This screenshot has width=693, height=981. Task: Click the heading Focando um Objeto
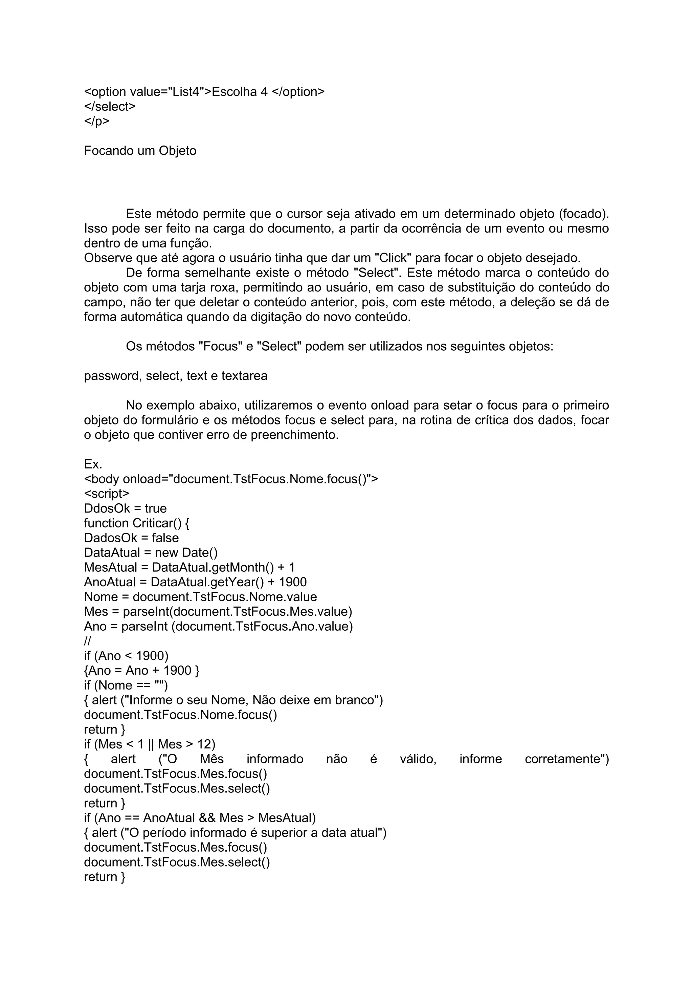tap(140, 151)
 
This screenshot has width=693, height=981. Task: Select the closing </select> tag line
tap(110, 106)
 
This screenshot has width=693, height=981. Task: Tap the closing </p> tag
tap(96, 121)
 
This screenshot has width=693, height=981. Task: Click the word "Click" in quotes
tap(393, 258)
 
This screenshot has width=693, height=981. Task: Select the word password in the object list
tap(113, 376)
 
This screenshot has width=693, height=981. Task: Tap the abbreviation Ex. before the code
tap(93, 464)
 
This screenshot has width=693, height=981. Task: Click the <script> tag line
tap(106, 494)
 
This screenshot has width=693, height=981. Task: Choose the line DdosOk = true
tap(125, 508)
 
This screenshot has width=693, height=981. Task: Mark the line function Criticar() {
tap(137, 523)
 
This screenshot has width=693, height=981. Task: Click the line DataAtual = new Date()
tap(151, 553)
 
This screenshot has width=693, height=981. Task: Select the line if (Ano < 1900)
tap(126, 656)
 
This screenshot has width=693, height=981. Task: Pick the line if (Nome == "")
tap(126, 685)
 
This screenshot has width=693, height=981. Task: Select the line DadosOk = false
tap(131, 538)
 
